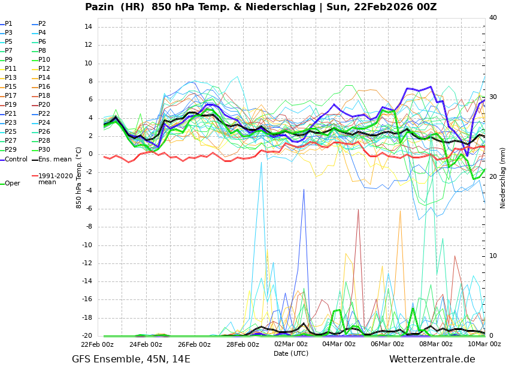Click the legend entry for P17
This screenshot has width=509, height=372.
point(11,96)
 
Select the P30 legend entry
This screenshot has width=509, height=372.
point(44,150)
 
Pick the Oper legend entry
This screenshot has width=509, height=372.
point(12,184)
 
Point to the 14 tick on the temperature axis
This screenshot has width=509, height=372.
point(87,27)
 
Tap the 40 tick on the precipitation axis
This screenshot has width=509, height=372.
point(493,18)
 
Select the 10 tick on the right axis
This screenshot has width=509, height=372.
point(493,256)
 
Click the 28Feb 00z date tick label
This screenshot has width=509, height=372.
point(243,344)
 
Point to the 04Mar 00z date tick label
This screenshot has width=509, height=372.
point(339,344)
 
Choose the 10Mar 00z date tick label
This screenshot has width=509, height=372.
point(484,344)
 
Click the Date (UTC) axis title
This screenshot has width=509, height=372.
point(291,354)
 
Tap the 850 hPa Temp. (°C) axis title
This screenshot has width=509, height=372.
point(79,178)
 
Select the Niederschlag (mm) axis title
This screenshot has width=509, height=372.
point(503,178)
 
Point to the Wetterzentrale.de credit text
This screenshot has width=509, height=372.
point(432,359)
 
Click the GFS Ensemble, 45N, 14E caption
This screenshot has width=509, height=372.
point(131,359)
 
